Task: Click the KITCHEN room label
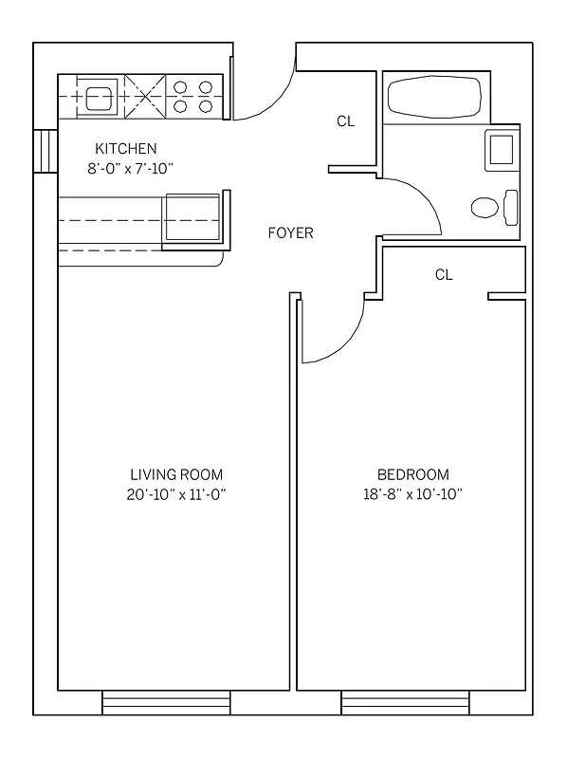125,149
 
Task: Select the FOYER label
290,233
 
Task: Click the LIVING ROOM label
176,474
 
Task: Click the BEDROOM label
412,474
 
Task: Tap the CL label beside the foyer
346,121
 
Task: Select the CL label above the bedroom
444,275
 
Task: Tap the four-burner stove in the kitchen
192,96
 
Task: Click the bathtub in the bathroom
434,98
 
